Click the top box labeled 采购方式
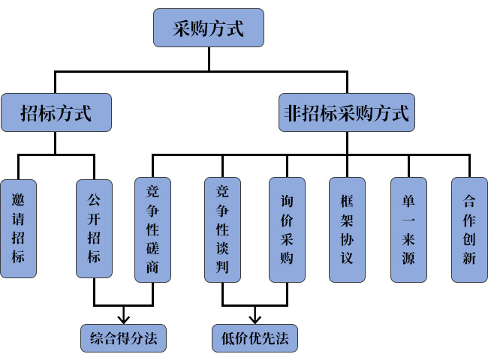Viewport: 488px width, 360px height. click(209, 29)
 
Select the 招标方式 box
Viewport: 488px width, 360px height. click(56, 113)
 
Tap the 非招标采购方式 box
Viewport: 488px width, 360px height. click(347, 113)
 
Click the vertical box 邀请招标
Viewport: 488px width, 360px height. click(18, 229)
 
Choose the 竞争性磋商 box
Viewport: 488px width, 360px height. click(152, 229)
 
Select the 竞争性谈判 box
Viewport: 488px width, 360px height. click(222, 229)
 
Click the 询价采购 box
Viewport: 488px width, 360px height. click(287, 229)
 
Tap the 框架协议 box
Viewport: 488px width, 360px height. click(347, 229)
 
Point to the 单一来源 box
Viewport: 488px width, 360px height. click(408, 229)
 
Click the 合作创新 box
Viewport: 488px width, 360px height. click(469, 229)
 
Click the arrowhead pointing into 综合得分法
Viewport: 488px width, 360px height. click(123, 317)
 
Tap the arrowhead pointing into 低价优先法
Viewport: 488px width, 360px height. click(255, 317)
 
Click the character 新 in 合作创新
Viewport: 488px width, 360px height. click(469, 259)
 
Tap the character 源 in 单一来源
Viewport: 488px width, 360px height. click(408, 259)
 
